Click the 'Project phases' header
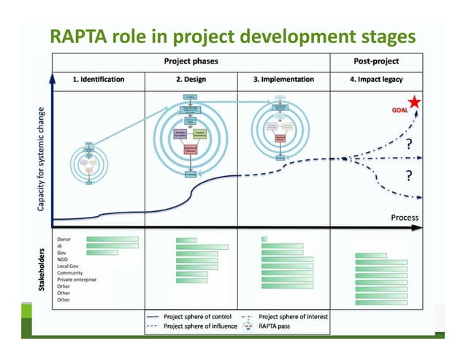click(x=191, y=61)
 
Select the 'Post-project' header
click(x=375, y=61)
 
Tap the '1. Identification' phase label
click(x=97, y=79)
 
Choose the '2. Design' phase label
click(x=191, y=79)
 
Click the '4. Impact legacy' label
click(x=375, y=79)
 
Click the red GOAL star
click(x=415, y=102)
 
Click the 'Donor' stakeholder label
click(x=64, y=239)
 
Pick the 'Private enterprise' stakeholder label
click(x=77, y=279)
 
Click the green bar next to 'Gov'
click(x=102, y=253)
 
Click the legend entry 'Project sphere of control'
click(x=196, y=316)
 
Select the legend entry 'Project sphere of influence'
click(x=199, y=326)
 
